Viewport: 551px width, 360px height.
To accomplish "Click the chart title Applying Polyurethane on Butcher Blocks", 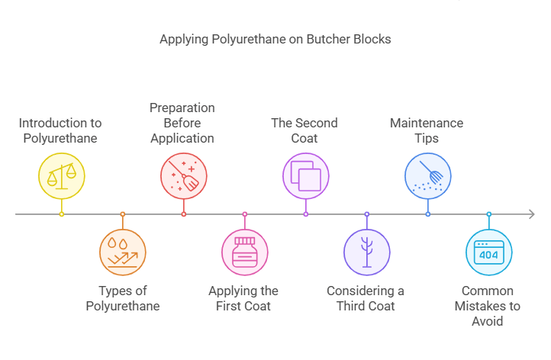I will (x=275, y=39).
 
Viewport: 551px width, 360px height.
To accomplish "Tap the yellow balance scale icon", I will (x=62, y=175).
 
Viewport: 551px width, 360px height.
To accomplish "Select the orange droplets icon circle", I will (x=122, y=252).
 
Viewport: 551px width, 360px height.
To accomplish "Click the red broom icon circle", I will (x=183, y=175).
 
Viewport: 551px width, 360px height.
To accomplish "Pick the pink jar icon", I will (x=244, y=252).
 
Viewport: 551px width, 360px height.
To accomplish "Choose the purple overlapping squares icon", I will (x=305, y=175).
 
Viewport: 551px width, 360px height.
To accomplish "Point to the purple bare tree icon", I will (x=366, y=252).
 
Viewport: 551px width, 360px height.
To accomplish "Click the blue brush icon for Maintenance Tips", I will (x=427, y=175).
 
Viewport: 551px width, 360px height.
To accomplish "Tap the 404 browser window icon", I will (x=488, y=252).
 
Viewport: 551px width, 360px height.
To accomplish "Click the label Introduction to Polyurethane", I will (x=60, y=130).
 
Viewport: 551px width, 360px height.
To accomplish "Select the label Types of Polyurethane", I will (x=123, y=298).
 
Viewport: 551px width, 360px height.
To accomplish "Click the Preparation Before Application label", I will (x=182, y=123).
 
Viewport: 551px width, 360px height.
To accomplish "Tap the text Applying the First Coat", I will (x=243, y=298).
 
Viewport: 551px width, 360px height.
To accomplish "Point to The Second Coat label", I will (x=304, y=130).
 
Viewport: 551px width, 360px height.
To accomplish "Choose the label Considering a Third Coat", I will (x=366, y=298).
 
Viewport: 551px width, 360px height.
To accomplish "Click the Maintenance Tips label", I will (x=427, y=130).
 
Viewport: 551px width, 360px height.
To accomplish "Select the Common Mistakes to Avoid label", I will (x=488, y=305).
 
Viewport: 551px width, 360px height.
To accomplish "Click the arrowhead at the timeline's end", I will (x=530, y=214).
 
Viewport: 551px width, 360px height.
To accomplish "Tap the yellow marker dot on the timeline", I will (x=62, y=214).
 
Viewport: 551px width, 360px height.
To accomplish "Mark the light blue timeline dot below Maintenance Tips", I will (x=427, y=214).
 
